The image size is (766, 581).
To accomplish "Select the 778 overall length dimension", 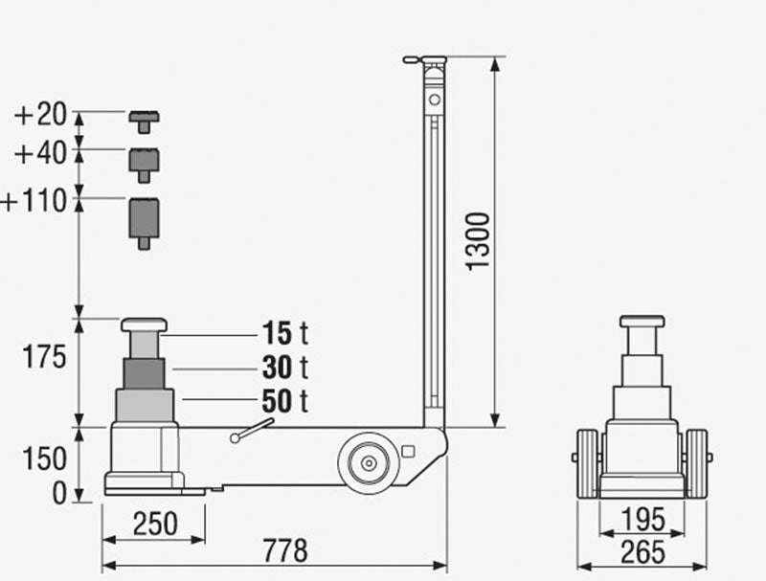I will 284,550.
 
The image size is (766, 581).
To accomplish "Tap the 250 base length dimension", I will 155,523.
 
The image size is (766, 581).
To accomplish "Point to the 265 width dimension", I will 642,551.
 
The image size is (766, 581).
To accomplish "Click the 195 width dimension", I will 642,520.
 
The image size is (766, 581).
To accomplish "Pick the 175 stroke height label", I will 44,357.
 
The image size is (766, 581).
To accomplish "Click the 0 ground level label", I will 58,493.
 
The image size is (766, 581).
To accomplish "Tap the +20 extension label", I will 40,115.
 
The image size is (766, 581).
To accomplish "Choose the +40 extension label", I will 40,153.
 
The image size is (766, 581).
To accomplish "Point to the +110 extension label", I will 34,201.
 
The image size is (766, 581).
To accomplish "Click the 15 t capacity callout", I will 283,333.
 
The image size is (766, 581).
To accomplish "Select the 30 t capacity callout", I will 283,367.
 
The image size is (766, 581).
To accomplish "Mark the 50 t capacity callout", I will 283,401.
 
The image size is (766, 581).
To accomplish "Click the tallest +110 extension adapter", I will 144,220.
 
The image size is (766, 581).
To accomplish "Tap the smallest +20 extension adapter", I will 144,121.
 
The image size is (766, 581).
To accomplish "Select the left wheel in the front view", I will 587,462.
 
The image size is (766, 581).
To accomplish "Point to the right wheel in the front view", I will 697,462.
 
